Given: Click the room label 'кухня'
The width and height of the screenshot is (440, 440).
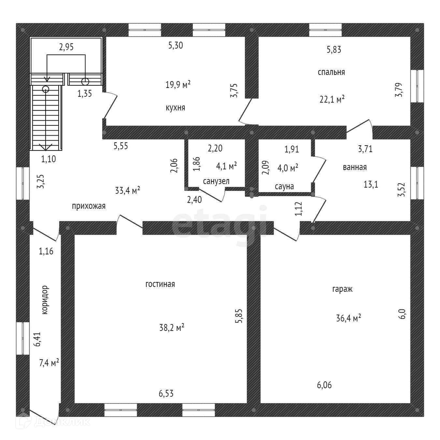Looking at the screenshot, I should [175, 107].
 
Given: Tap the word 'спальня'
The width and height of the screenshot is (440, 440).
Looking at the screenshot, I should [331, 72].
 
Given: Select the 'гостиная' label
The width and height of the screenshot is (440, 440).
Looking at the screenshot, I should [160, 284].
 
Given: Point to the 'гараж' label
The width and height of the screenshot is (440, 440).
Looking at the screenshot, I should [342, 289].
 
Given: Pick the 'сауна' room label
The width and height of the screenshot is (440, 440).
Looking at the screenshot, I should [284, 186].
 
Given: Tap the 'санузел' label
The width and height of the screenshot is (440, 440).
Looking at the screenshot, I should [216, 181].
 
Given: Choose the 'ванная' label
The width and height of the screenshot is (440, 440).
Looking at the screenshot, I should [355, 167].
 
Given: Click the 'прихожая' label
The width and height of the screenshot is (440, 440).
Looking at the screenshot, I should [89, 206].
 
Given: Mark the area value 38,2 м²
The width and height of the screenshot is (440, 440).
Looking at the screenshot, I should [172, 327].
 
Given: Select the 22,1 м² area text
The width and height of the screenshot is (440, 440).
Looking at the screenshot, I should [332, 99].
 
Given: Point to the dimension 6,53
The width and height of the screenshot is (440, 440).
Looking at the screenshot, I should [166, 393].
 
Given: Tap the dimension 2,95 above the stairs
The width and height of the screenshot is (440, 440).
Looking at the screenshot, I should [66, 47].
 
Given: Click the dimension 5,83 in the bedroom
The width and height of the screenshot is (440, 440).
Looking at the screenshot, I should [334, 50].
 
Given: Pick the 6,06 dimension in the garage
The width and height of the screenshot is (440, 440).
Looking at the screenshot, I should [324, 385].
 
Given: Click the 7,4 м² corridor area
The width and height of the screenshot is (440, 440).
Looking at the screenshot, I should [49, 362].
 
